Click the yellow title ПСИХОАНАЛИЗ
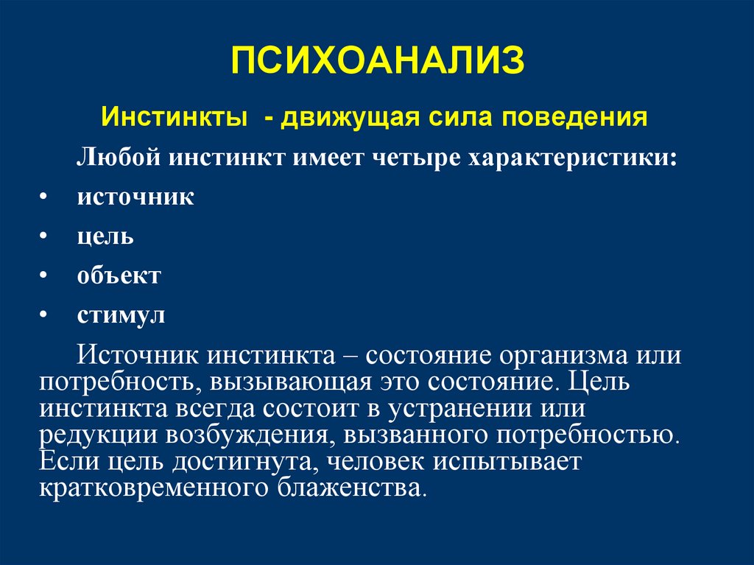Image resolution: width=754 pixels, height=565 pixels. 377,61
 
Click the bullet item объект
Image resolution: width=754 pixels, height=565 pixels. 119,276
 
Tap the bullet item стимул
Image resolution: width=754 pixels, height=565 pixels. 121,316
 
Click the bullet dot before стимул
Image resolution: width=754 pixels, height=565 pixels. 44,315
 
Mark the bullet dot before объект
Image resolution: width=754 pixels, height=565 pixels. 44,276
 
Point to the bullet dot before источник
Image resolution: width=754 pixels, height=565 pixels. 44,197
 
